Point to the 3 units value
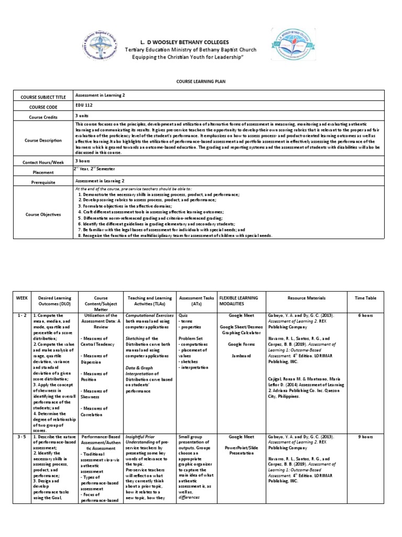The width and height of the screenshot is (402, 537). click(82, 115)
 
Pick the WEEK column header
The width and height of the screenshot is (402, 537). click(21, 298)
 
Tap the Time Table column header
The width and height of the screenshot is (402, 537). click(365, 298)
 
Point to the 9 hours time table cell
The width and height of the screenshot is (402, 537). click(365, 436)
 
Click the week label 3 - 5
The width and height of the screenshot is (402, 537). click(21, 436)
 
